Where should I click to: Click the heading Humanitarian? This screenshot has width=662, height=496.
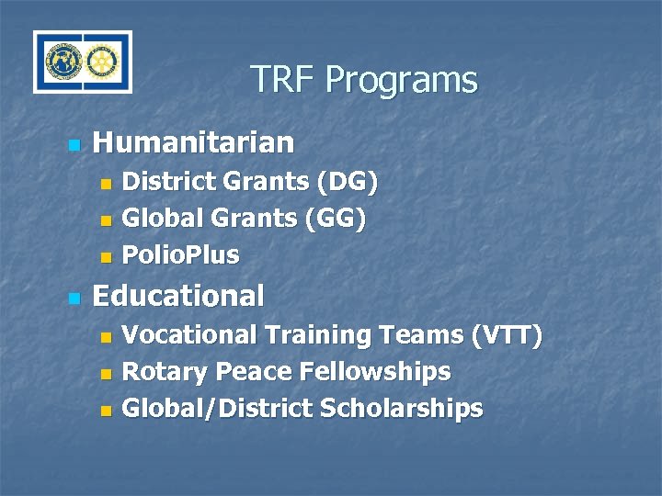[x=194, y=143]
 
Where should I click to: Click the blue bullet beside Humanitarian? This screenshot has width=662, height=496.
[x=74, y=145]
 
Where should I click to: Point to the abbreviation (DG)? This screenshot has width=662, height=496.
[x=346, y=183]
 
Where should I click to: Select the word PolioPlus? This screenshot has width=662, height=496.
[x=180, y=255]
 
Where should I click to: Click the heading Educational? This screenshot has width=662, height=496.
[x=178, y=296]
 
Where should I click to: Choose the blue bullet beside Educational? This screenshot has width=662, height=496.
[x=74, y=299]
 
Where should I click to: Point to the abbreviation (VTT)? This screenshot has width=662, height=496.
[x=506, y=336]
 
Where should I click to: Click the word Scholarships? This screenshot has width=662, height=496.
[x=401, y=409]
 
